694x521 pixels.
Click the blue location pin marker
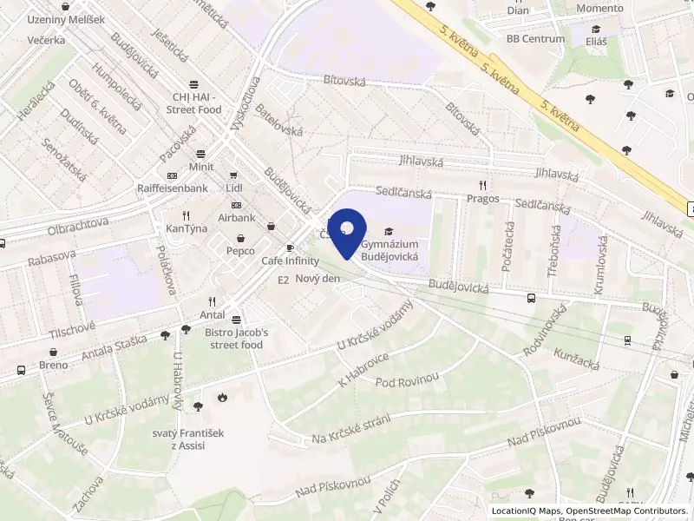pyautogui.click(x=346, y=230)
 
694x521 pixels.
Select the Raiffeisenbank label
pyautogui.click(x=173, y=188)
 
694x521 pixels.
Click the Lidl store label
pyautogui.click(x=233, y=188)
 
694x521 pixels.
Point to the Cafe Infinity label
pyautogui.click(x=290, y=260)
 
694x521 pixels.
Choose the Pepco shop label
pyautogui.click(x=240, y=251)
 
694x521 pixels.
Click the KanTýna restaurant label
pyautogui.click(x=186, y=228)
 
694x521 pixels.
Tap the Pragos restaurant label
pyautogui.click(x=482, y=198)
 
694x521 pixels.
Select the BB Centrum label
pyautogui.click(x=535, y=39)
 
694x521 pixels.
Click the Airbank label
pyautogui.click(x=236, y=217)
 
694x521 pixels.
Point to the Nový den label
pyautogui.click(x=318, y=278)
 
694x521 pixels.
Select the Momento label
pyautogui.click(x=600, y=8)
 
